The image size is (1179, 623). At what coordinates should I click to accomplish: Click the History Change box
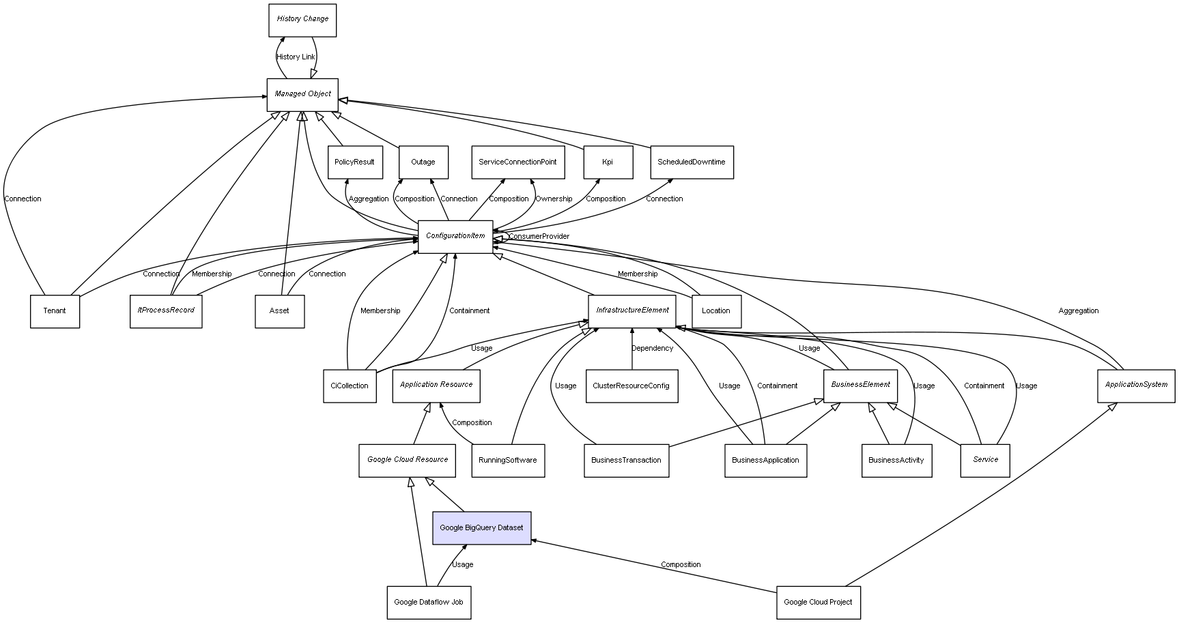pos(302,20)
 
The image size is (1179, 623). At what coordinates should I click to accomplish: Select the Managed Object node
pos(302,95)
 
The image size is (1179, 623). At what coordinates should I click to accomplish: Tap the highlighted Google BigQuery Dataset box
pos(481,528)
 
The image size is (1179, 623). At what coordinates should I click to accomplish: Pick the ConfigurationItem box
pos(455,237)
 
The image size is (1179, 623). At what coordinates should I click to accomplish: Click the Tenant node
pos(55,311)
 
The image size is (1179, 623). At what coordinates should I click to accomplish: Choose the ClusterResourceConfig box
pos(631,386)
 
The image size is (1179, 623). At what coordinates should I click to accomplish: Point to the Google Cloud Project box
pos(818,603)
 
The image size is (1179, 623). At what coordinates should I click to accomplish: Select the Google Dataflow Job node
pos(429,603)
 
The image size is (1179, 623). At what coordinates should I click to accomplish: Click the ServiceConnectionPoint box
pos(517,162)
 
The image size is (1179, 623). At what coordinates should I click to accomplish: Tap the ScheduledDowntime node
pos(692,162)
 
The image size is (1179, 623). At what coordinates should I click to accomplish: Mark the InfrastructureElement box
pos(632,311)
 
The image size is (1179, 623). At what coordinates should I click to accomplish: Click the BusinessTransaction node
pos(626,461)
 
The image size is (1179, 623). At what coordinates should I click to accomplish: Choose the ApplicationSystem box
pos(1136,386)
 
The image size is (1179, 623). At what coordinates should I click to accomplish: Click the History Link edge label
pos(296,57)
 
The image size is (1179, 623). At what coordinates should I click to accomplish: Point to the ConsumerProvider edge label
pos(539,237)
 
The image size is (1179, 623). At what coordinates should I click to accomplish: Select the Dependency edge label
pos(652,349)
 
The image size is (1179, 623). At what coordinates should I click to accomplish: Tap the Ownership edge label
pos(554,199)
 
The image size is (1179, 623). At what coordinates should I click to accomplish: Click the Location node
pos(716,311)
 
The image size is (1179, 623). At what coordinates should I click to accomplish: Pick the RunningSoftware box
pos(508,461)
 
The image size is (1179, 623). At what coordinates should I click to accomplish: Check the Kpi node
pos(608,162)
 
